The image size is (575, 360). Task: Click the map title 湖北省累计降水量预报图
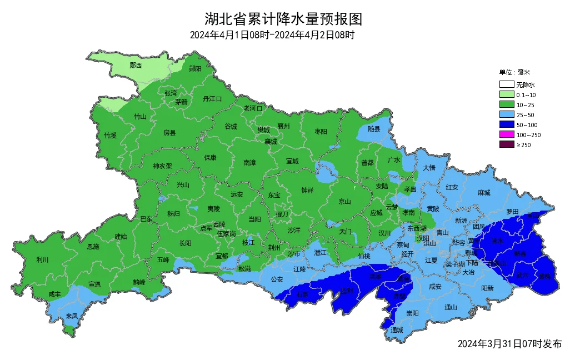(x=283, y=19)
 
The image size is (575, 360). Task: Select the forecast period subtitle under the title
(x=272, y=36)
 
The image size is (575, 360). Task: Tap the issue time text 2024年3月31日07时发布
(x=509, y=344)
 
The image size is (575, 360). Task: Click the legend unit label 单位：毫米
(x=514, y=72)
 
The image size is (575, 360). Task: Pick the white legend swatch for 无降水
(x=506, y=85)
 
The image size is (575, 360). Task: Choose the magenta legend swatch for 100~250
(x=506, y=135)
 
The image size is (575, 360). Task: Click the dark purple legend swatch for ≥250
(x=506, y=145)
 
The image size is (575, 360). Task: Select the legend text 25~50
(x=525, y=115)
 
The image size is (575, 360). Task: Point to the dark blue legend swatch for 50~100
(x=506, y=125)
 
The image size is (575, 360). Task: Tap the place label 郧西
(x=136, y=66)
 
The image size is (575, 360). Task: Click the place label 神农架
(x=163, y=166)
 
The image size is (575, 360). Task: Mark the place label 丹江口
(x=212, y=99)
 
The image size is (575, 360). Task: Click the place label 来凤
(x=72, y=316)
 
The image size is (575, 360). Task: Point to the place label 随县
(x=374, y=129)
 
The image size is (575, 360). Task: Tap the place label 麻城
(x=484, y=193)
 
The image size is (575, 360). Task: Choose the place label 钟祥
(x=307, y=190)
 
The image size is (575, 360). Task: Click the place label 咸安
(x=435, y=287)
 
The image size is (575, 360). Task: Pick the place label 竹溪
(x=110, y=136)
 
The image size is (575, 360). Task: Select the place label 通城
(x=396, y=330)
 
